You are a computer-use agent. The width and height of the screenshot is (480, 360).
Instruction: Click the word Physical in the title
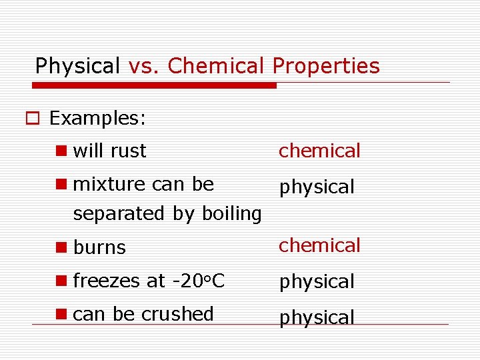[77, 67]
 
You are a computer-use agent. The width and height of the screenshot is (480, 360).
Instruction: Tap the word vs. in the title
[144, 66]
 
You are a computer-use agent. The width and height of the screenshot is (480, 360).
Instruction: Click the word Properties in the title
[326, 67]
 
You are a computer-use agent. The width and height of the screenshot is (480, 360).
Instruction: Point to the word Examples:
[97, 119]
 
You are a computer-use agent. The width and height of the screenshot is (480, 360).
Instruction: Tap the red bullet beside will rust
[62, 151]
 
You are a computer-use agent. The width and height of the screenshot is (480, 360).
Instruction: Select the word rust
[128, 151]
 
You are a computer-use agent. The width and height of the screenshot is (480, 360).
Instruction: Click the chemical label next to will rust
[319, 151]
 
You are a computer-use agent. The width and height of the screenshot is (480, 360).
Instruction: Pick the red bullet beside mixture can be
[62, 183]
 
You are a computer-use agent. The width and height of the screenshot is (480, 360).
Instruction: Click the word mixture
[109, 183]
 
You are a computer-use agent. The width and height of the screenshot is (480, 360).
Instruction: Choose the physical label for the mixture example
[317, 187]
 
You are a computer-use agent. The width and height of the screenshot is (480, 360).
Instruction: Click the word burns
[99, 247]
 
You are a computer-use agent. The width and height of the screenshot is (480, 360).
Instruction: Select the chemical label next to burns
[319, 245]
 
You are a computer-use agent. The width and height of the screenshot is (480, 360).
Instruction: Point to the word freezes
[106, 281]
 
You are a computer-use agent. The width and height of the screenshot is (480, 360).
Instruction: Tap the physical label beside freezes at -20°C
[317, 282]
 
